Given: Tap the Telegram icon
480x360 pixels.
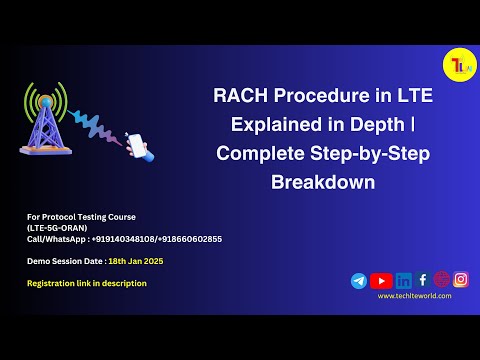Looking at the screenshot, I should pos(359,281).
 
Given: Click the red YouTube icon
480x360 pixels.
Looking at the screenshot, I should pos(381,281).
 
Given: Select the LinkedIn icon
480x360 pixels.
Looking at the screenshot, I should pos(404,281).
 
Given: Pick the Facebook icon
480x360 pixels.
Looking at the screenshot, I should pos(423,280).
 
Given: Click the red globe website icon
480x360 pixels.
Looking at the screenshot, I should pos(441,280).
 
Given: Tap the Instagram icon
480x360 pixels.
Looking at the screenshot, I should pos(461,280).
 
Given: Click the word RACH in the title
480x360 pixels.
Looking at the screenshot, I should pos(241,97).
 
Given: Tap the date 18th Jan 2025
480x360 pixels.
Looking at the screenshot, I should pos(136,261).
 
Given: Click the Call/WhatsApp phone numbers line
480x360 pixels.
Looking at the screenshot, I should pos(124,238).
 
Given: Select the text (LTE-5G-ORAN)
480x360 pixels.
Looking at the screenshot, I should pos(56,227).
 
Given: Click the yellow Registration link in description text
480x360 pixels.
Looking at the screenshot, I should pos(87,283).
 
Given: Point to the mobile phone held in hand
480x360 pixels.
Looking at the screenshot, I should pos(137,144).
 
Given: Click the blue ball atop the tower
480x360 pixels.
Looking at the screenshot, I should pos(45,103).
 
